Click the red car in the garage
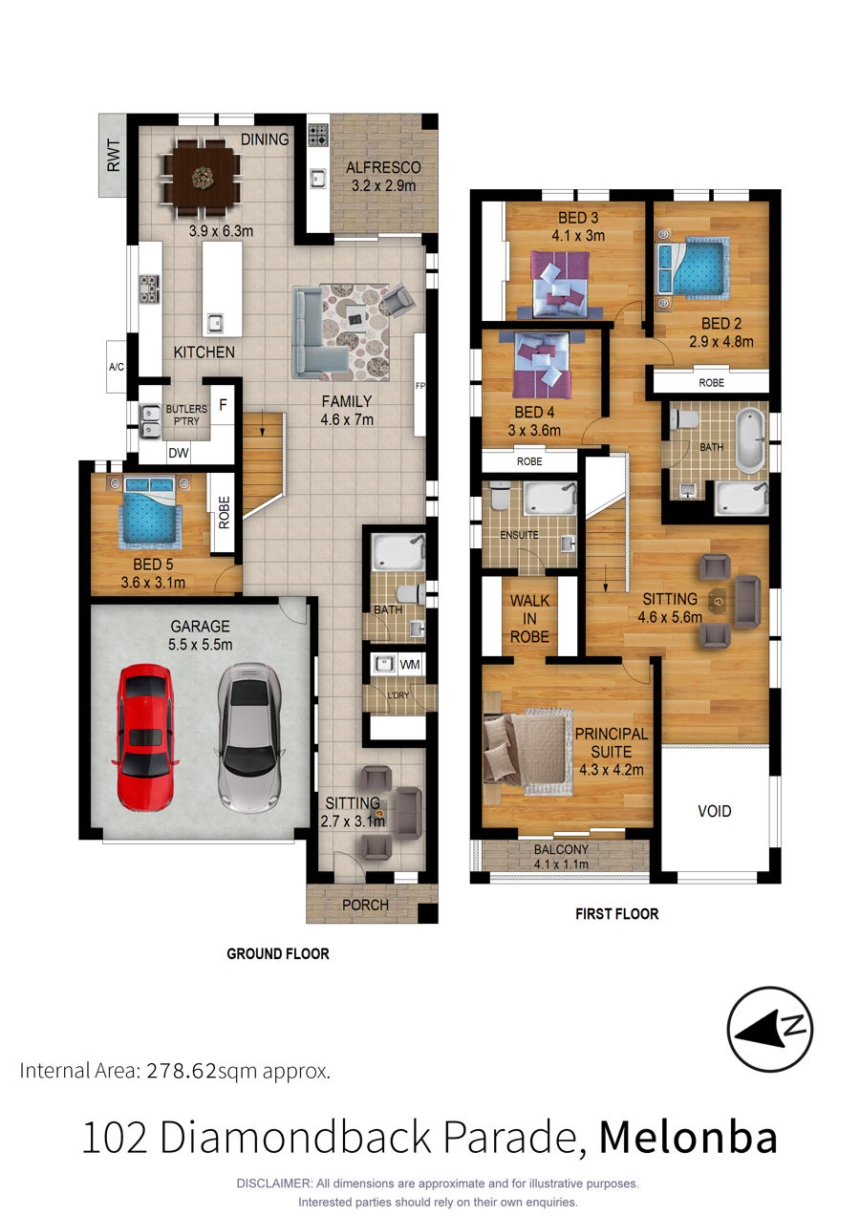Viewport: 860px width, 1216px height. coord(145,737)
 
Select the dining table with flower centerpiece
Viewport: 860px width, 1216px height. coord(202,176)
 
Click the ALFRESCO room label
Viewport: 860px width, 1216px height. coord(383,167)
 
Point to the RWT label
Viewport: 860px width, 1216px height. coord(114,156)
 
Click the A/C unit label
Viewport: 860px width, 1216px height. coord(117,367)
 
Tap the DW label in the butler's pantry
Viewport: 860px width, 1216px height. coord(179,452)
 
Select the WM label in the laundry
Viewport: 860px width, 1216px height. coord(409,665)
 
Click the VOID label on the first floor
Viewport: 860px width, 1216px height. coord(715,811)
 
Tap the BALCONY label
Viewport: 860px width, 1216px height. coord(561,849)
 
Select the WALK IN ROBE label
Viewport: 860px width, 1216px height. coord(529,618)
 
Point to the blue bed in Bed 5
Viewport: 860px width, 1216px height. coord(149,511)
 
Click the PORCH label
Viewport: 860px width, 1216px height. coord(365,905)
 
